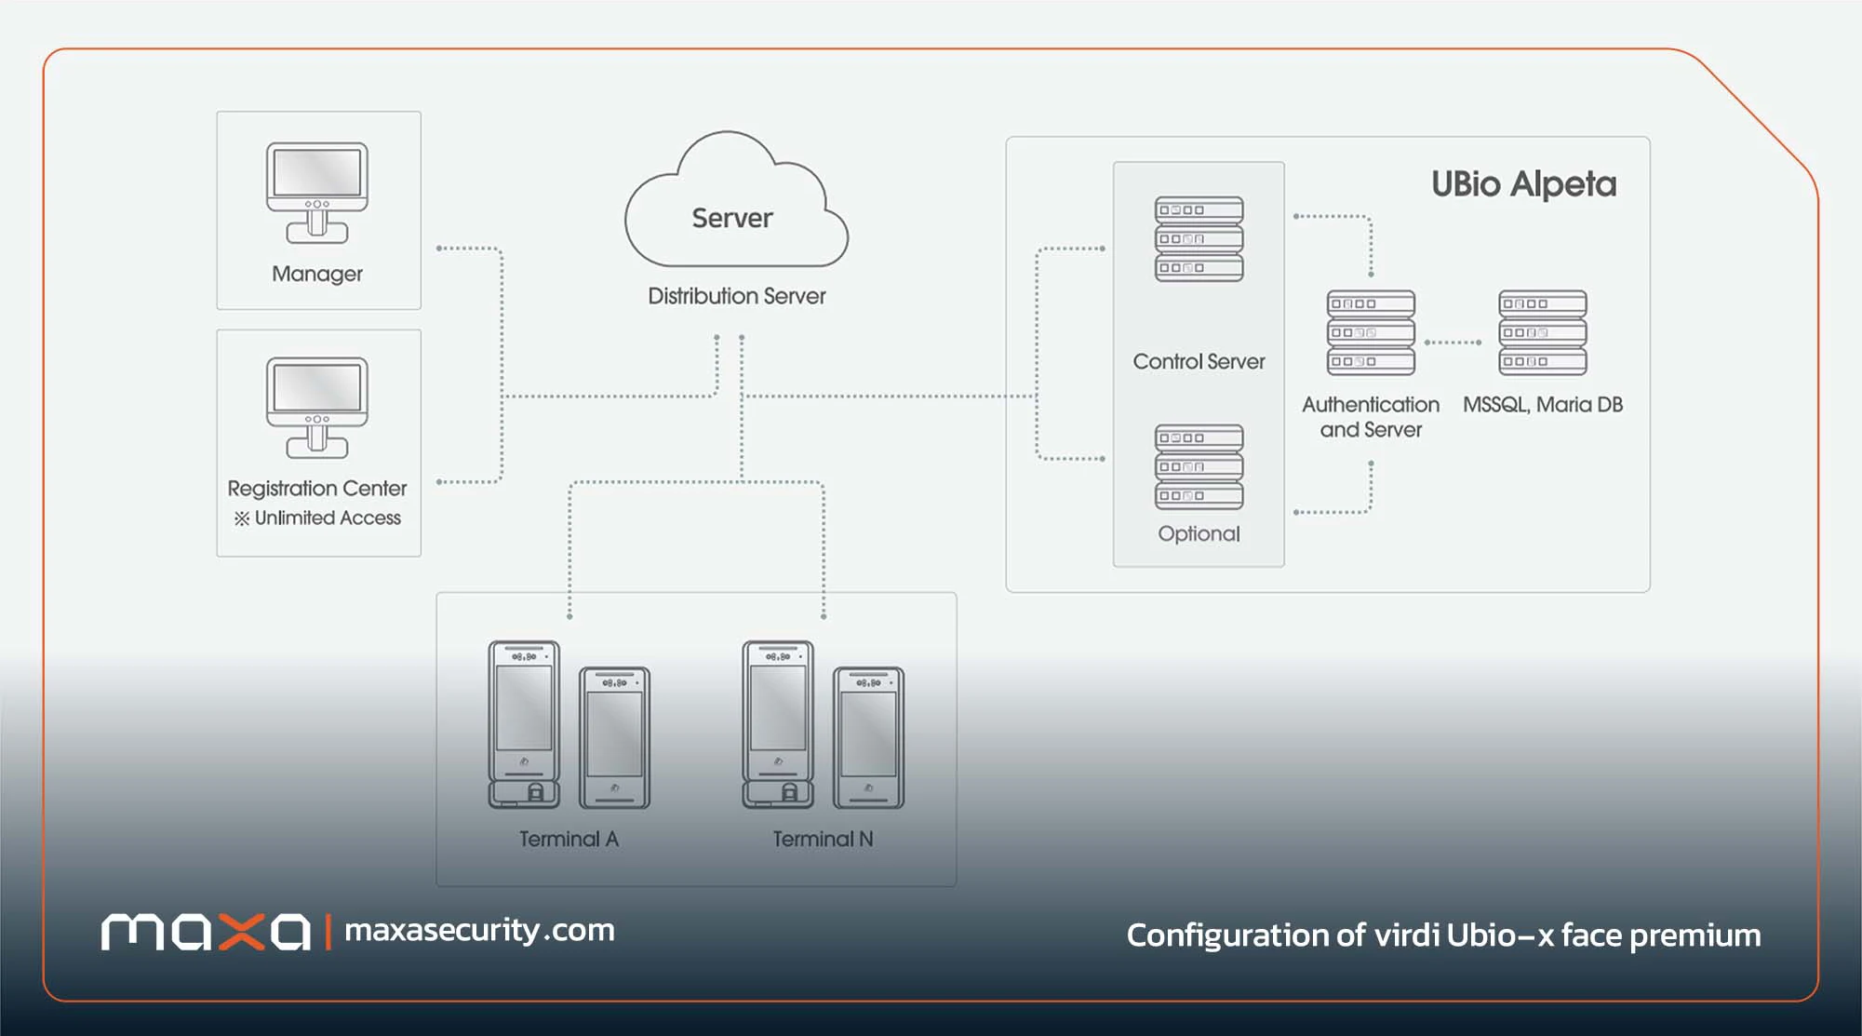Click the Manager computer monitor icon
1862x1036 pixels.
point(317,193)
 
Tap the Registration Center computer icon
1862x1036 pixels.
point(317,408)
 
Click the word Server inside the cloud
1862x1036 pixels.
point(732,218)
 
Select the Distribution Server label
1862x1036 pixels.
point(737,296)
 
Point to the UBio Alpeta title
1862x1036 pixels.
point(1524,184)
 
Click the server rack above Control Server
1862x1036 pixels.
point(1199,239)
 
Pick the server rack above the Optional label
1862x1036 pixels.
point(1199,467)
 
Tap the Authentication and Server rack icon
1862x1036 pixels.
point(1371,332)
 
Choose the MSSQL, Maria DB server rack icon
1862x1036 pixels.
point(1543,332)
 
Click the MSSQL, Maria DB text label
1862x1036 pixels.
point(1543,405)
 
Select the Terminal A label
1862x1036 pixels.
point(569,840)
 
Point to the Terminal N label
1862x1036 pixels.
point(823,840)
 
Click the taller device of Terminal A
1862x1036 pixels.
point(524,724)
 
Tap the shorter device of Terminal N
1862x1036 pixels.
point(868,737)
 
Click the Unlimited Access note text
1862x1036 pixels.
point(317,518)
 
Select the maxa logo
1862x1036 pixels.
point(206,932)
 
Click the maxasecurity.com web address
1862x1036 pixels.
point(479,931)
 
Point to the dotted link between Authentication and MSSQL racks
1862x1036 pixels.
point(1453,343)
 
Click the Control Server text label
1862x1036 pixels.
point(1199,361)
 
